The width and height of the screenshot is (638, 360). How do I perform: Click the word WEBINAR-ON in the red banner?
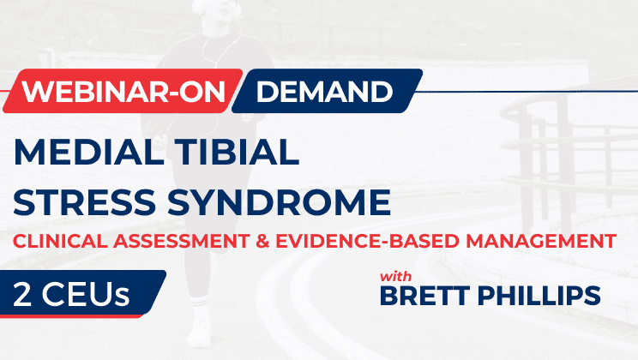point(122,92)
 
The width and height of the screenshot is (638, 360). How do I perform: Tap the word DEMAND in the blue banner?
point(324,92)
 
